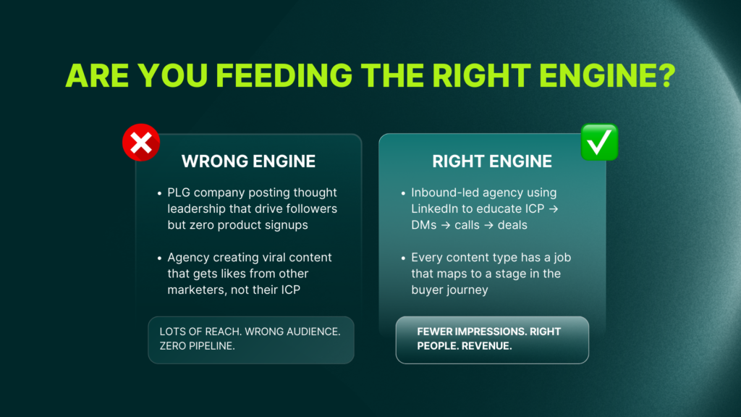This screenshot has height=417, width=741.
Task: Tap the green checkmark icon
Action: click(599, 142)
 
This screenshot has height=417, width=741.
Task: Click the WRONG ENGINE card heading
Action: click(248, 161)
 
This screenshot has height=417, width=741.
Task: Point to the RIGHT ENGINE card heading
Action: click(492, 161)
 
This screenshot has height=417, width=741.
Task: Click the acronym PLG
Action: click(179, 193)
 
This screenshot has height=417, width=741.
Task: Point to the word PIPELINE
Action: click(216, 347)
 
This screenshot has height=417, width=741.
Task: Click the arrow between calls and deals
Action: click(488, 225)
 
